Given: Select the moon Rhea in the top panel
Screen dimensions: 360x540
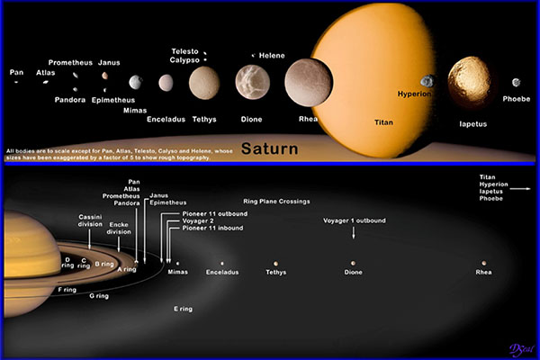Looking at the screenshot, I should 308,82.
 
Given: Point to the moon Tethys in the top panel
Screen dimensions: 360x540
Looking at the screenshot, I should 203,83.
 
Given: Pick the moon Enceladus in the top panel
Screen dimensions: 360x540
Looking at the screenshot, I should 166,83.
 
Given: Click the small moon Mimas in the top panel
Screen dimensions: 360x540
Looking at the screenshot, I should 135,82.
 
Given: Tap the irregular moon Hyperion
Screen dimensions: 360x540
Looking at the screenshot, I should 427,82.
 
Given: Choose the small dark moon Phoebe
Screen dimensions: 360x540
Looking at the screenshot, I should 517,83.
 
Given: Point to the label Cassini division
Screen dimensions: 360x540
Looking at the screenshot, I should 90,220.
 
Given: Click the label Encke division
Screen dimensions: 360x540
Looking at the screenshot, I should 119,229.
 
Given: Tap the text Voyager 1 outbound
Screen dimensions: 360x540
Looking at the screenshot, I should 355,220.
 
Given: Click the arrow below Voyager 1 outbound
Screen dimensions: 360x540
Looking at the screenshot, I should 354,232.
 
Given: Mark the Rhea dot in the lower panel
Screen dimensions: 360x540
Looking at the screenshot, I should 483,263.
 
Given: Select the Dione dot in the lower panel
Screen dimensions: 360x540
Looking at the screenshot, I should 354,263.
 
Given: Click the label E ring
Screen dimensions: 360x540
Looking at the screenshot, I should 183,309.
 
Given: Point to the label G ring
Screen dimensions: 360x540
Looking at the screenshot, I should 98,295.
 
